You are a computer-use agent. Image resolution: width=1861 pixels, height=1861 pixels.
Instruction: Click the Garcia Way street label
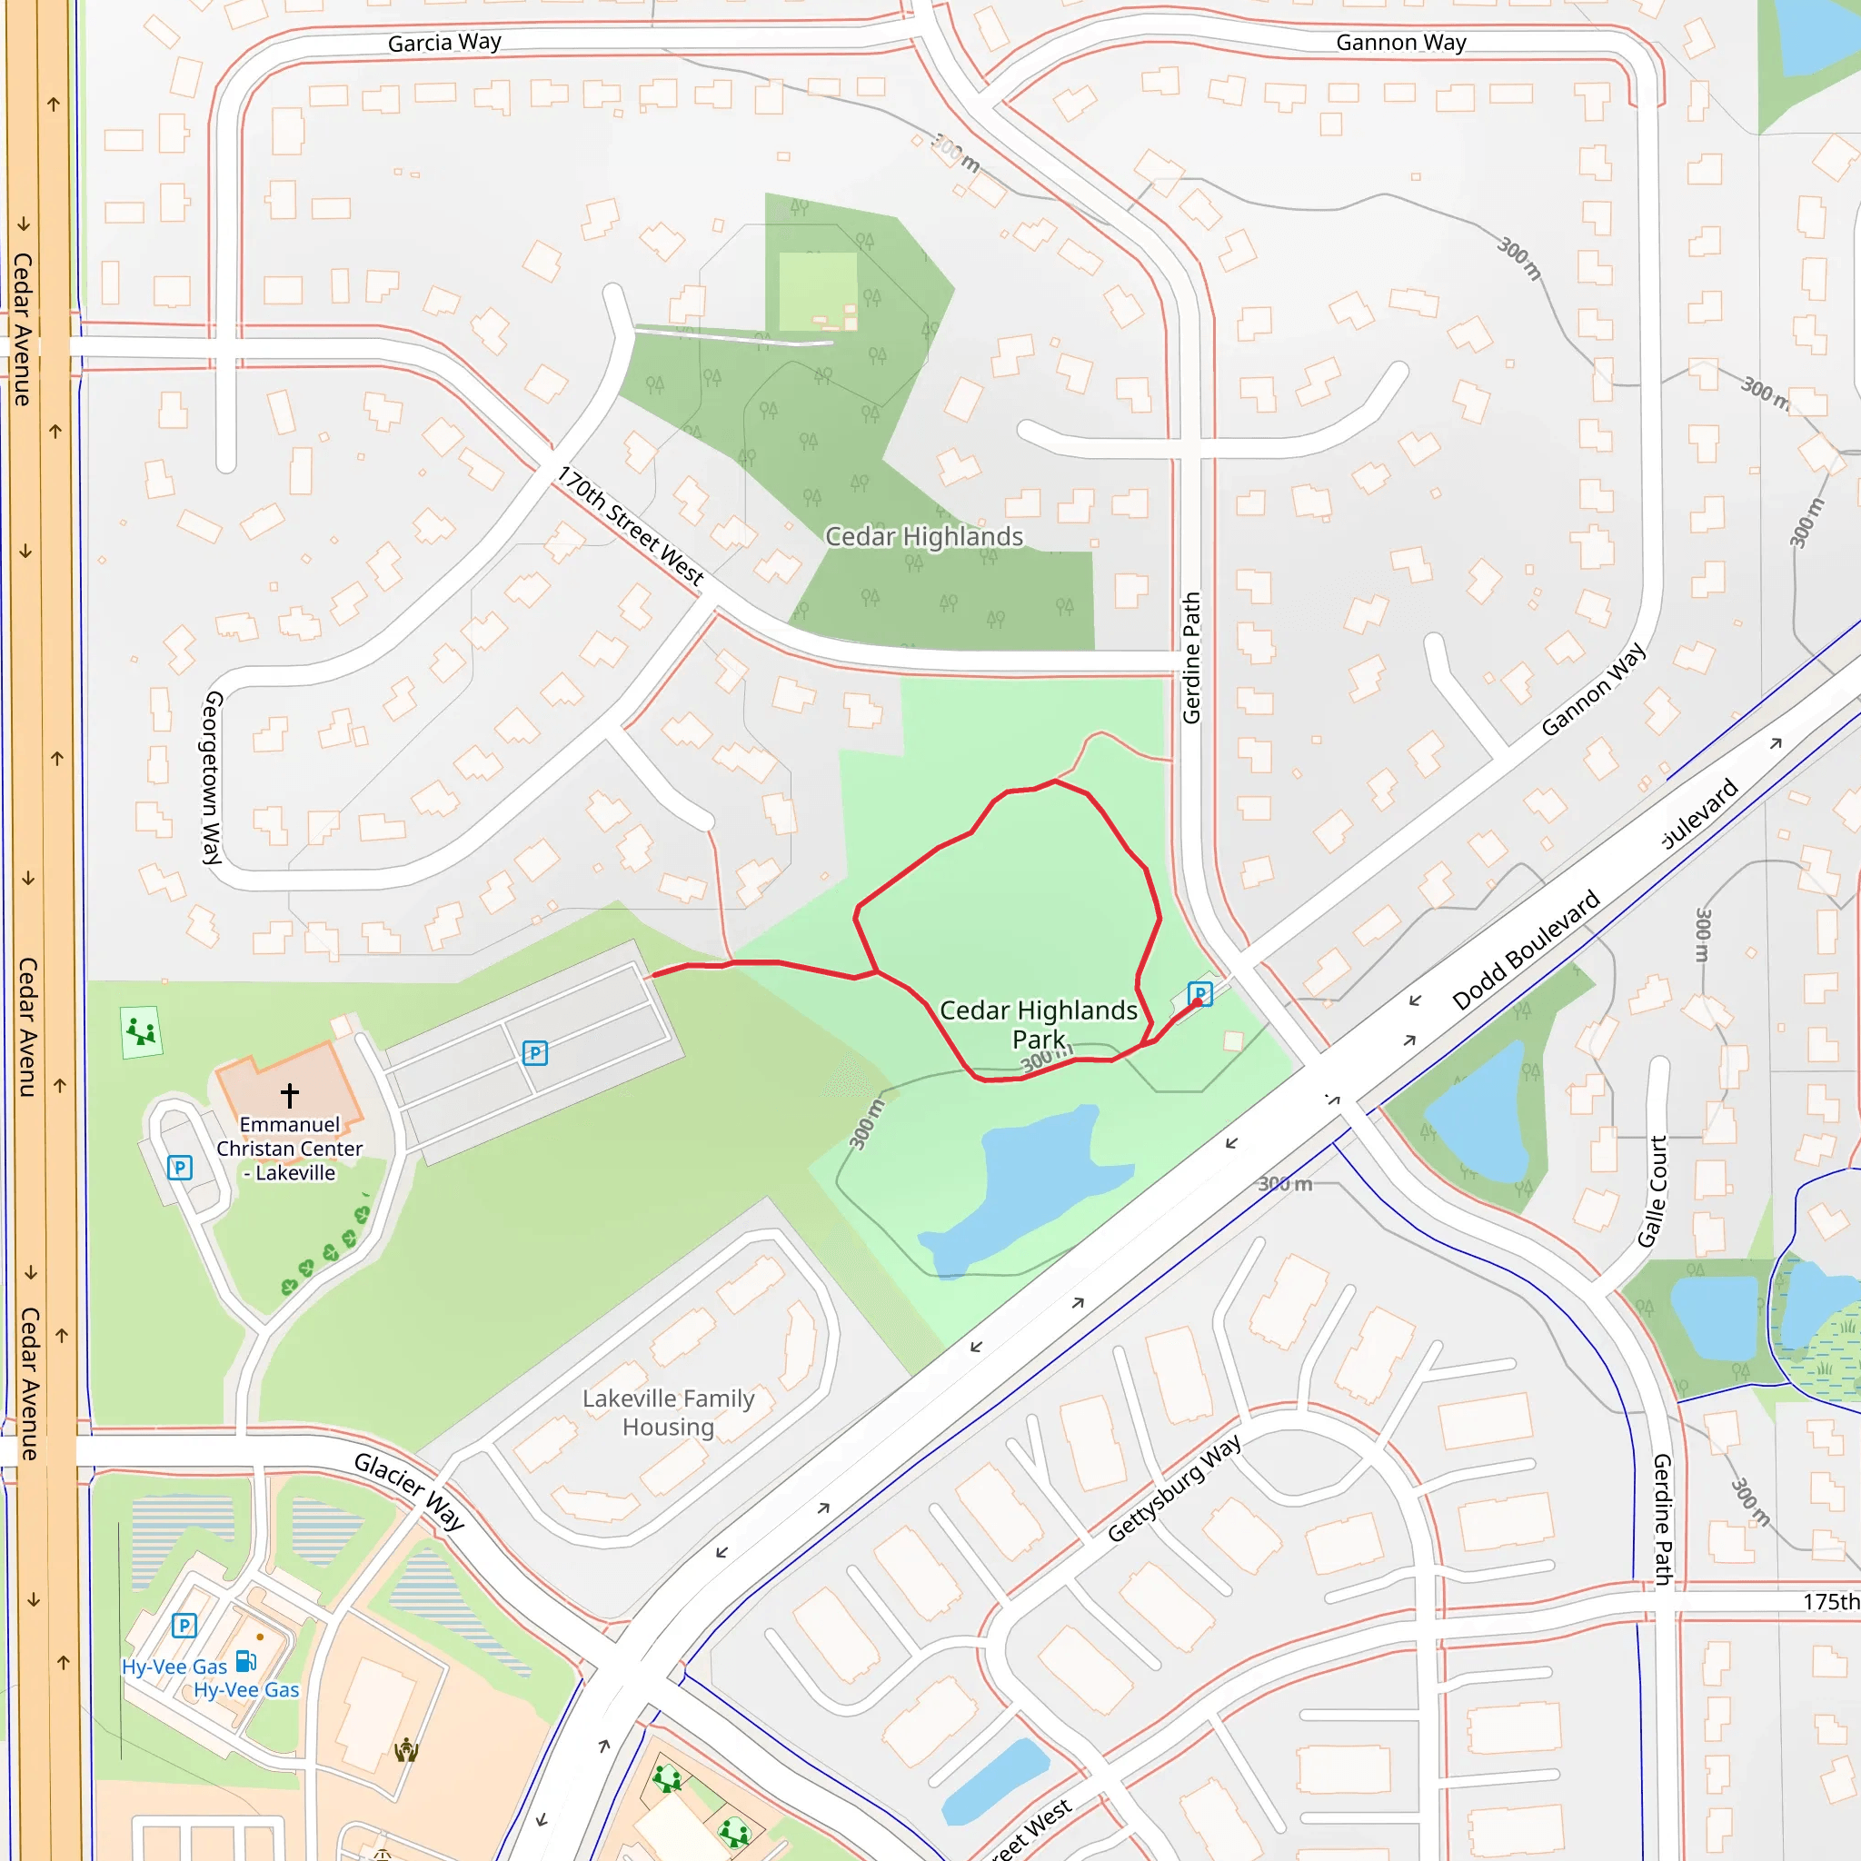point(444,43)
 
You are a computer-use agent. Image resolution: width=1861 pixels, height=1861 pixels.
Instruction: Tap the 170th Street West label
point(631,526)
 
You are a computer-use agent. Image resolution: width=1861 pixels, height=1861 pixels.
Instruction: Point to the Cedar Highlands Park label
point(1038,1024)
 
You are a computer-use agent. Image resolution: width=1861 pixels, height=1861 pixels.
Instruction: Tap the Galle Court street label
point(1653,1191)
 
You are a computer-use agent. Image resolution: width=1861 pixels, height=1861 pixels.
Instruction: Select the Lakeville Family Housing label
point(669,1412)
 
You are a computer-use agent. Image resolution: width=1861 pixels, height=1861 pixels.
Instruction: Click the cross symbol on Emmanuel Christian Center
point(290,1095)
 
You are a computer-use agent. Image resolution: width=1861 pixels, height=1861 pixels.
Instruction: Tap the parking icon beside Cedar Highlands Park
point(1200,993)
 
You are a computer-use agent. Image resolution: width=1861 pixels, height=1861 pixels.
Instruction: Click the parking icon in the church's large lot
point(534,1053)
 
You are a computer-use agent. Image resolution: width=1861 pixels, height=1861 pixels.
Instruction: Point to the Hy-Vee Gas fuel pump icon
point(245,1661)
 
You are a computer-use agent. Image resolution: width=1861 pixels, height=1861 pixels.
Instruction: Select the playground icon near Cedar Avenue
point(142,1031)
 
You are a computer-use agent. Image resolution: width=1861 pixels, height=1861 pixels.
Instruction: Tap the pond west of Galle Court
point(1478,1118)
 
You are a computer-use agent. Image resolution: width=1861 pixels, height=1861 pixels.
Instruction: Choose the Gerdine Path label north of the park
point(1191,658)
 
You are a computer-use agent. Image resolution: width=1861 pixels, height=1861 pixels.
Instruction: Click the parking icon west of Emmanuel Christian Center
point(180,1169)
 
